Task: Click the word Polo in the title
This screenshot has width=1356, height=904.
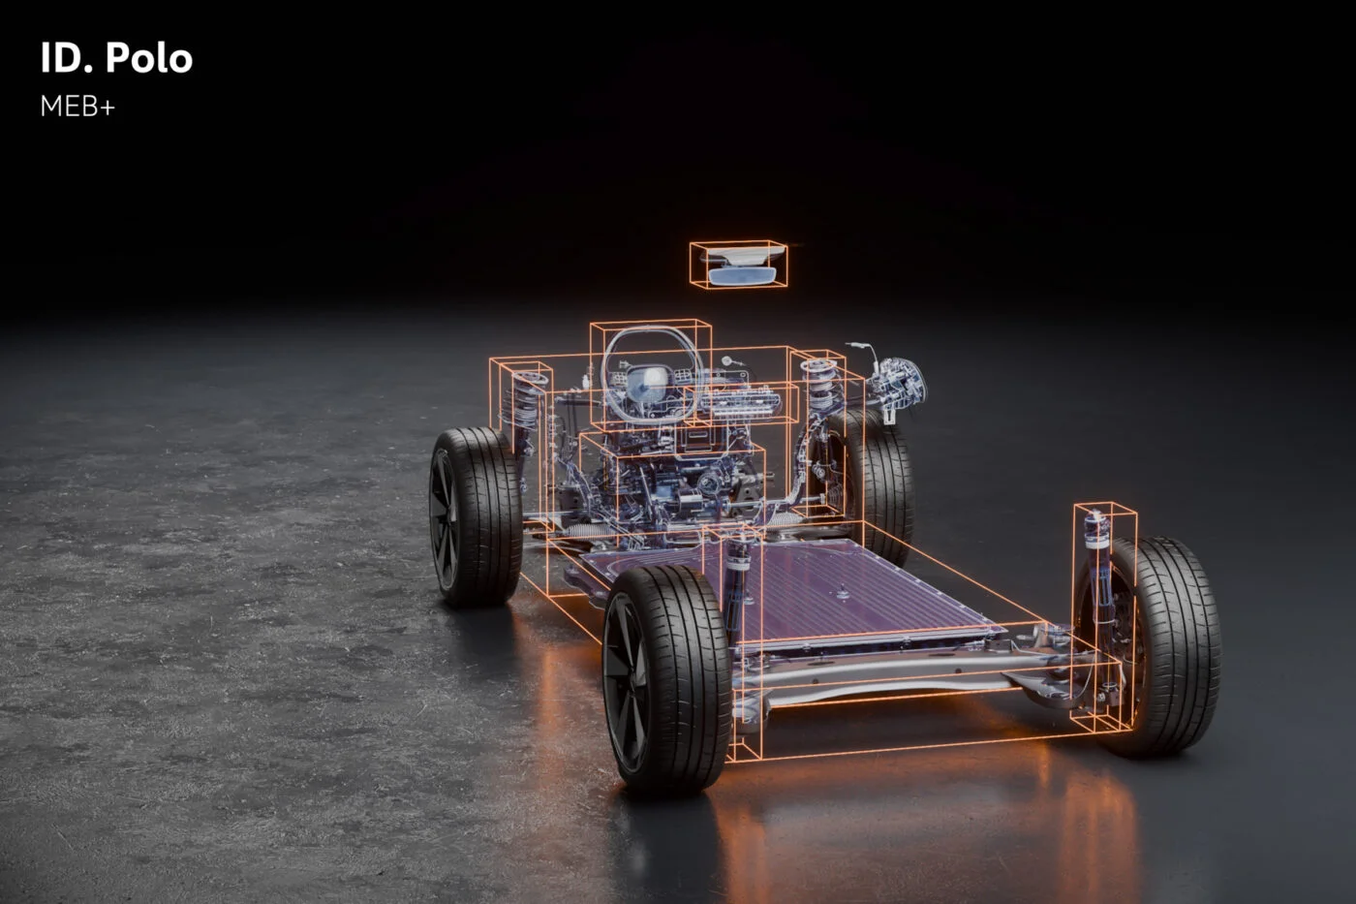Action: (x=149, y=59)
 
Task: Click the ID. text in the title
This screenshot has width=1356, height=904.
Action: (x=66, y=59)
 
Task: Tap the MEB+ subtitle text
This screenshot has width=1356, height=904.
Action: (x=77, y=108)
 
